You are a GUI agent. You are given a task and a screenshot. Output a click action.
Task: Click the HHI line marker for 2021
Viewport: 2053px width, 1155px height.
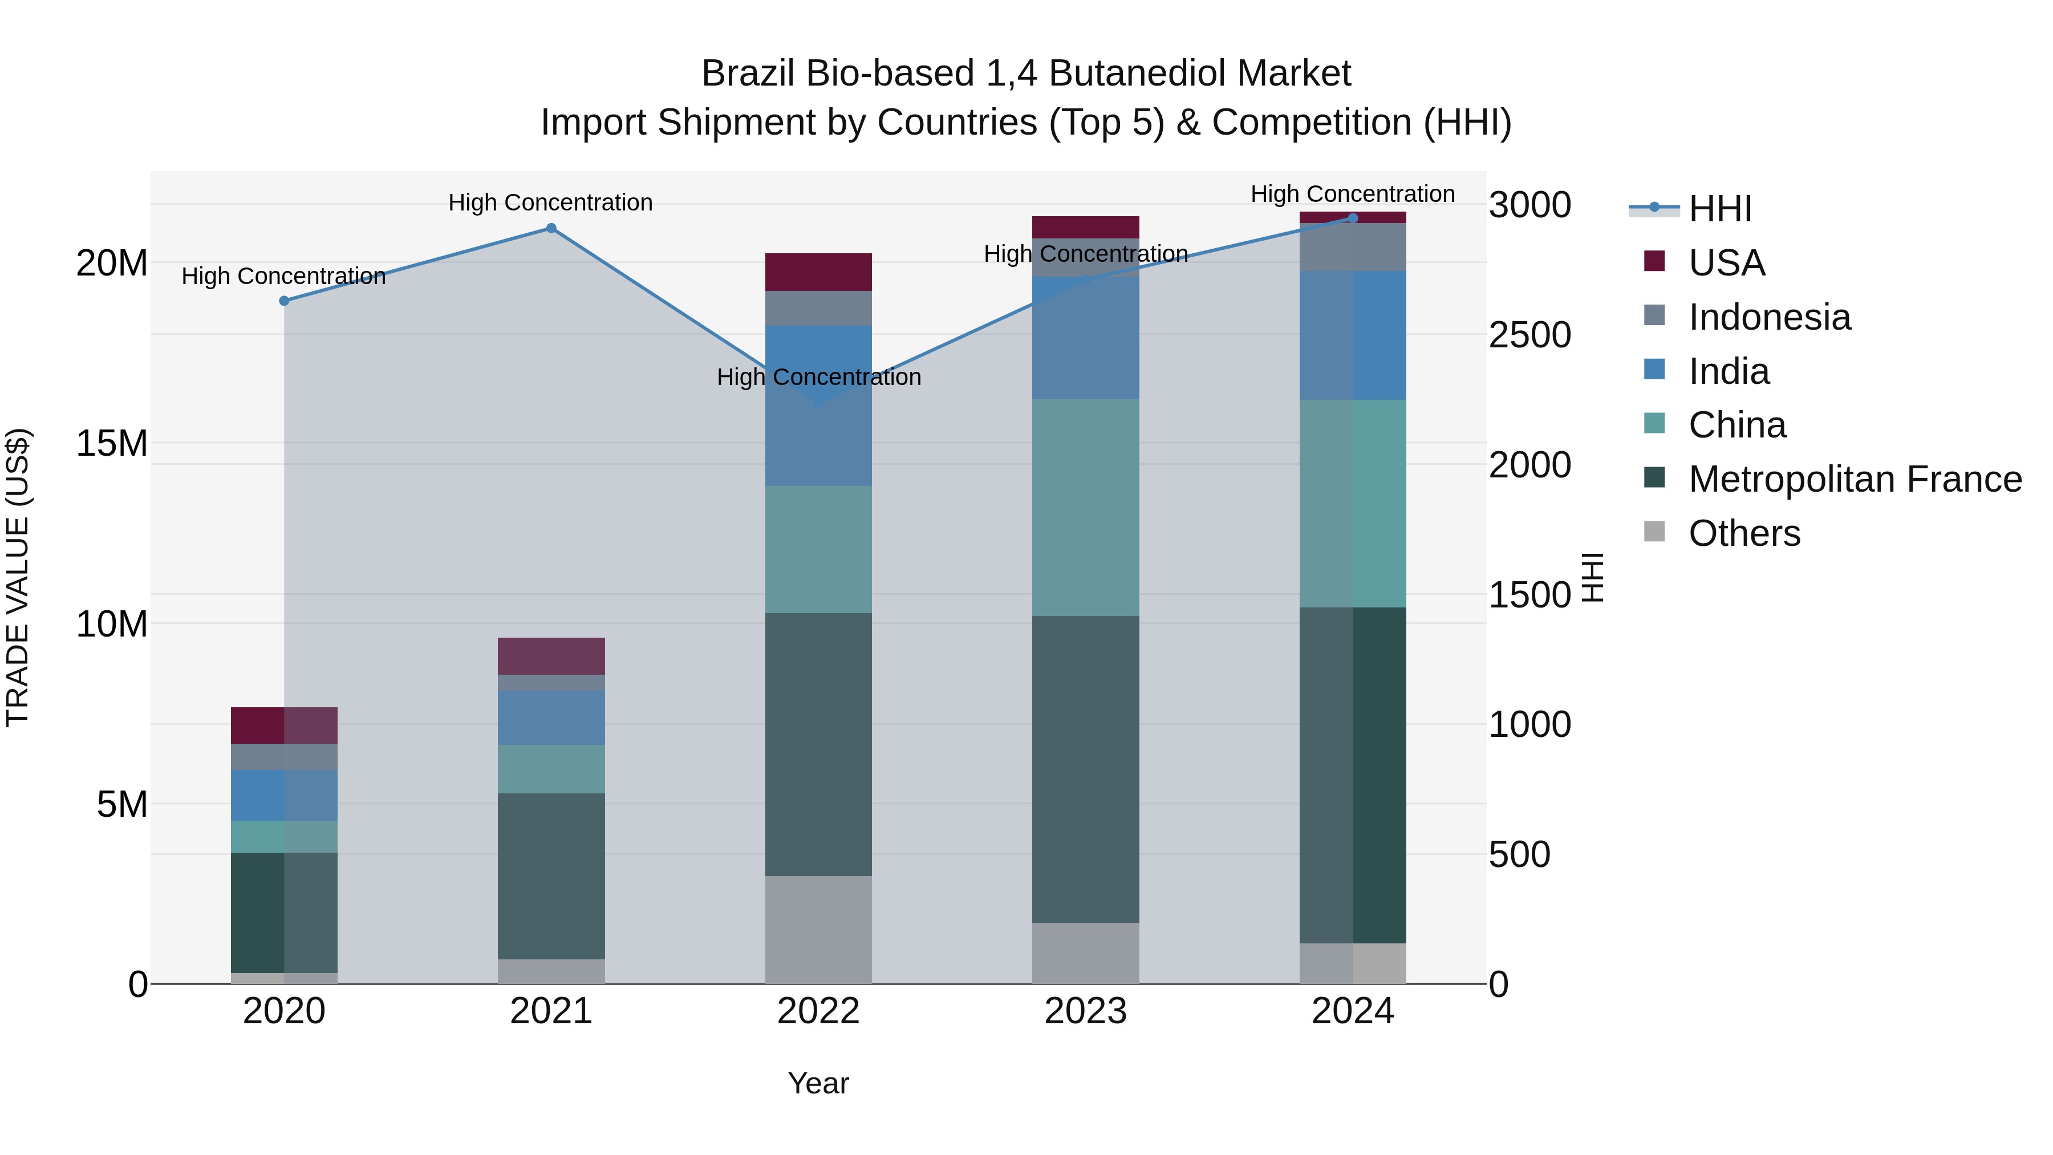(551, 229)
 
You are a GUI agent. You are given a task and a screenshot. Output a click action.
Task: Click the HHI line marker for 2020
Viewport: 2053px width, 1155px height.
(284, 301)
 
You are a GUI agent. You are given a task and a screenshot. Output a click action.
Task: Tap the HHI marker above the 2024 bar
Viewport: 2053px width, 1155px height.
(1353, 218)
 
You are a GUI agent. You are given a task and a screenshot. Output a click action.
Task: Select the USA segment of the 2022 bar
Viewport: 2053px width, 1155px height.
(818, 272)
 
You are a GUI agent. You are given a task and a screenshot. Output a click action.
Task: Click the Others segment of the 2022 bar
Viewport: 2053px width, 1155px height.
(818, 930)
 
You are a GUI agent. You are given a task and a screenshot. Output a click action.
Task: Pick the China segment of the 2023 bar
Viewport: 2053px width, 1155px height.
(1085, 507)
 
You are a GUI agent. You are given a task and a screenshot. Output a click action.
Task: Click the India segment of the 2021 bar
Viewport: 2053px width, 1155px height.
(551, 718)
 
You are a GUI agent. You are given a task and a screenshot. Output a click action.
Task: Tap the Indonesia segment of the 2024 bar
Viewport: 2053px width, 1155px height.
(1353, 247)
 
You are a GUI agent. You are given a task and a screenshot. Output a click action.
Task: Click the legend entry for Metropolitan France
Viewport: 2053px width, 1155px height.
(1855, 479)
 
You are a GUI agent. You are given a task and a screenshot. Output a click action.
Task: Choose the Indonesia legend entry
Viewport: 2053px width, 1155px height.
(1769, 317)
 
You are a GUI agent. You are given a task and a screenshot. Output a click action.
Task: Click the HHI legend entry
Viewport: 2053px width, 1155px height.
(1720, 209)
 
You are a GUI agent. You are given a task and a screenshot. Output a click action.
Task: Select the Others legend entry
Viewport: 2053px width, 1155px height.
(1744, 533)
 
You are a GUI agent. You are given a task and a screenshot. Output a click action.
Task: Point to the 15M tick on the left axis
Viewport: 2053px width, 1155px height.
(112, 443)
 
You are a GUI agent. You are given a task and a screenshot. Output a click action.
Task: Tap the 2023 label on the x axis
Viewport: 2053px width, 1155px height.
(1085, 1011)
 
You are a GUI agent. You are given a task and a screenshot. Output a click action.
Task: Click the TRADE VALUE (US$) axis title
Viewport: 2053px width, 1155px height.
(18, 577)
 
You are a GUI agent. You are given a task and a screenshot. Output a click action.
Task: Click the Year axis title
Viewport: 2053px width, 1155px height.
(818, 1083)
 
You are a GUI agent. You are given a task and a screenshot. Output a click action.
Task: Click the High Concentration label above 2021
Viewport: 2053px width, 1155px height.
(551, 202)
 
